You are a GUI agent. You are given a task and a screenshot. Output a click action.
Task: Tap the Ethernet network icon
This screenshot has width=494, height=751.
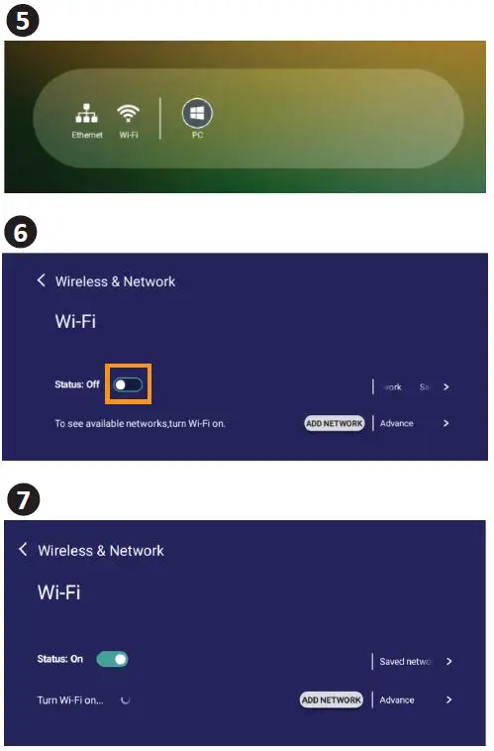[x=87, y=113]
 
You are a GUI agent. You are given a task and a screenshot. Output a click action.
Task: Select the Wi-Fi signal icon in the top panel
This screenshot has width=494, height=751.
[x=128, y=113]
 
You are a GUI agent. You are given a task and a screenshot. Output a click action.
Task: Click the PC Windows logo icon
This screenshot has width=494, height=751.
[x=197, y=114]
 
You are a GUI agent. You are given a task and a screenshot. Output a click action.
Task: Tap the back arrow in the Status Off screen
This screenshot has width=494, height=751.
[x=41, y=281]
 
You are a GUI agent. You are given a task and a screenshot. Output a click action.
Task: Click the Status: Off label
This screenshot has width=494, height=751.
[x=77, y=384]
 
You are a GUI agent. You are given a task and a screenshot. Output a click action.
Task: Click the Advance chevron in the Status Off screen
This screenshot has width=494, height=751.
[x=446, y=423]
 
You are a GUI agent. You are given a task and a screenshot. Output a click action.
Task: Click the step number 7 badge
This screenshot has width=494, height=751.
[x=22, y=499]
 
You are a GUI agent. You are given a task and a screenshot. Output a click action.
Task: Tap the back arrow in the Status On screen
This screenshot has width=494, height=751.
[x=23, y=550]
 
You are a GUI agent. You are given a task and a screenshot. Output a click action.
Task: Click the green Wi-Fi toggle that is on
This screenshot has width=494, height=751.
[x=112, y=659]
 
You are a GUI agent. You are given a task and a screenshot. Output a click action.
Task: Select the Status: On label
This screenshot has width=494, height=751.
[x=60, y=659]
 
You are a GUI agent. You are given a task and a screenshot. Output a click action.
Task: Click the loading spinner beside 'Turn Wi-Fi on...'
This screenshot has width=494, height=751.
[x=125, y=699]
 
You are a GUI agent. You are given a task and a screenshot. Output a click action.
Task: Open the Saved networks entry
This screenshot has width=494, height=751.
[x=406, y=661]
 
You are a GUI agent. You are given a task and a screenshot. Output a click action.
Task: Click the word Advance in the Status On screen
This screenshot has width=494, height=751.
[x=397, y=699]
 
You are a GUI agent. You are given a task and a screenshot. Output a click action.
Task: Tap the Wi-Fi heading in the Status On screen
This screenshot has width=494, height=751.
[x=58, y=592]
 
